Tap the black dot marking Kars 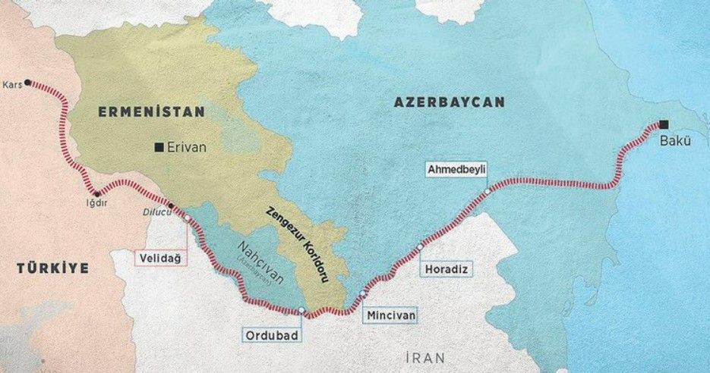point(29,82)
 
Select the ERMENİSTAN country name point(151,111)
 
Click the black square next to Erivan point(158,147)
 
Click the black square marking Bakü point(664,124)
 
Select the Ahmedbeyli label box point(456,168)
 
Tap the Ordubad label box point(270,334)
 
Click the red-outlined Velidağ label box point(161,259)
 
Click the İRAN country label point(425,357)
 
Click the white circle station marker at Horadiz point(419,246)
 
